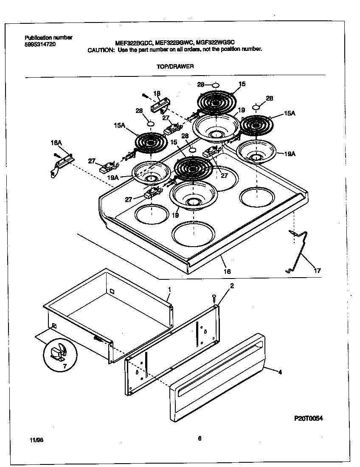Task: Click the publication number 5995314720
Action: pos(40,44)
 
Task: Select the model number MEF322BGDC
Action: pos(134,42)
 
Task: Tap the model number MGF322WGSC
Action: pos(216,42)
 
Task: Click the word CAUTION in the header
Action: pos(101,50)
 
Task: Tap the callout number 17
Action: pos(317,270)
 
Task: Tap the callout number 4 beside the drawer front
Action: pos(280,372)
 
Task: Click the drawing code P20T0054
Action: pos(309,418)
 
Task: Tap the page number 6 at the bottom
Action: pos(199,439)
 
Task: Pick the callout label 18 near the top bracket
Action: pos(157,93)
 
